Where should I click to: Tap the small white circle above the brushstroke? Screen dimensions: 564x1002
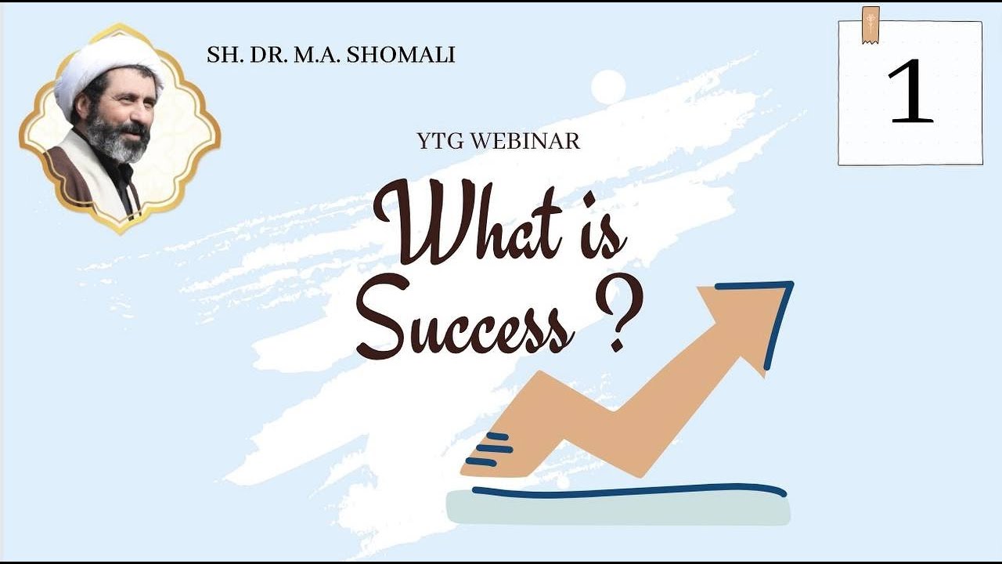tap(608, 87)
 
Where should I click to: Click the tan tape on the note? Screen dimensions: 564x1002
tap(870, 24)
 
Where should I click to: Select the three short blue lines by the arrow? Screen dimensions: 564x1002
tap(491, 449)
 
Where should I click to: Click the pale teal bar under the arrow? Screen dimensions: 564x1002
tap(618, 511)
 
